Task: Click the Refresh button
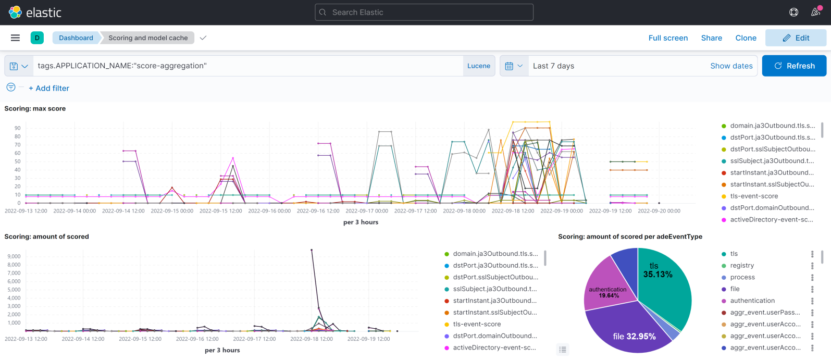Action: point(794,66)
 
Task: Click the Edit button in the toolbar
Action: point(796,38)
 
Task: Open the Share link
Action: point(711,38)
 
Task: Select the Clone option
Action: point(746,38)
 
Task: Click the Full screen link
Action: point(668,38)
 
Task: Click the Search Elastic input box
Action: point(424,13)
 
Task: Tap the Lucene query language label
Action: point(478,66)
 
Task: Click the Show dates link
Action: point(731,66)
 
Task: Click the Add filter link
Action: point(49,89)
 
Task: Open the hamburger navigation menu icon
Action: point(15,38)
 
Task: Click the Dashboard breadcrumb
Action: point(76,38)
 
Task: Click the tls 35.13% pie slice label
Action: point(657,270)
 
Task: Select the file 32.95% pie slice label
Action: point(634,337)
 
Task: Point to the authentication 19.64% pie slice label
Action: point(608,292)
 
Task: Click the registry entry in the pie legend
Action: point(742,266)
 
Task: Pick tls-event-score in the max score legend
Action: point(754,196)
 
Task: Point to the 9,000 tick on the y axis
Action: point(14,256)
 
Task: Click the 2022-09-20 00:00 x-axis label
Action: point(659,211)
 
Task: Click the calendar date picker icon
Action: point(509,66)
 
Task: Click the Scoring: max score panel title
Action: point(35,109)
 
